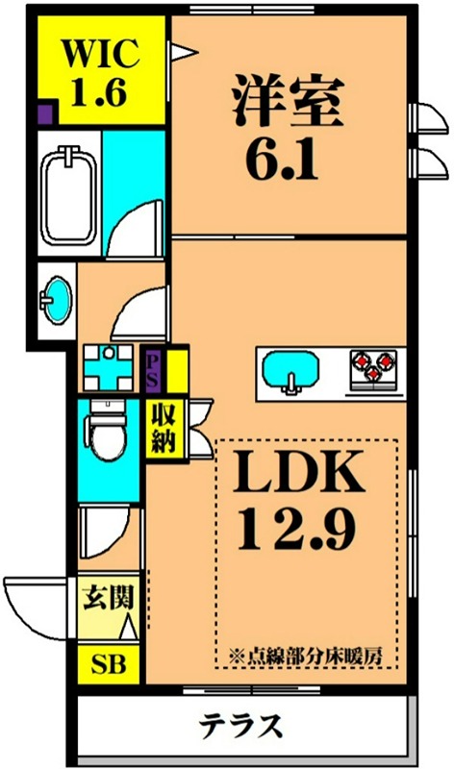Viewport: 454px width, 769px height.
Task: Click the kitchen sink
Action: pyautogui.click(x=290, y=371)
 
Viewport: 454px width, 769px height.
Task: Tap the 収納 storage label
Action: pyautogui.click(x=161, y=428)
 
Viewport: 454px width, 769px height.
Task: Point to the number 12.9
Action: pyautogui.click(x=300, y=527)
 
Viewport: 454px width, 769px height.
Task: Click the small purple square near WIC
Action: pyautogui.click(x=45, y=117)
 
